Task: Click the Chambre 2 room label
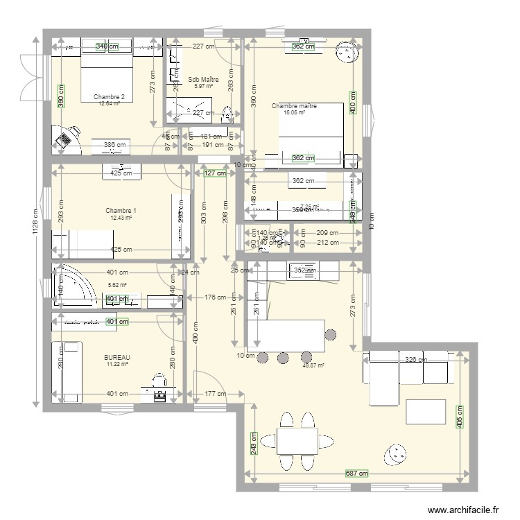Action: coord(109,96)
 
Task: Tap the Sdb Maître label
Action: coord(202,79)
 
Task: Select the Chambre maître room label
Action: coord(294,106)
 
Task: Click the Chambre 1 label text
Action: coord(121,211)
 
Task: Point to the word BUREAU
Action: coord(117,357)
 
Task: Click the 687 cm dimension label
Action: coord(356,474)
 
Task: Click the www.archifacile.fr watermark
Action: coord(463,510)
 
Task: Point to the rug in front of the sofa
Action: coord(426,411)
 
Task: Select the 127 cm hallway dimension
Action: coord(216,173)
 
